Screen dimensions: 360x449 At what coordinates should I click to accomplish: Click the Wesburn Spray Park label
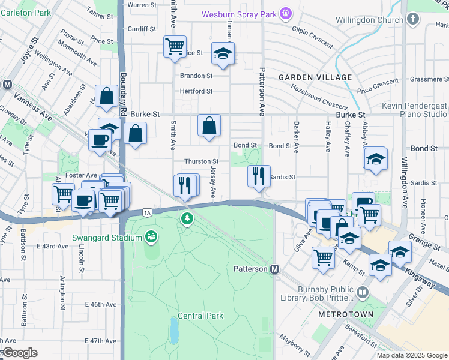click(x=239, y=13)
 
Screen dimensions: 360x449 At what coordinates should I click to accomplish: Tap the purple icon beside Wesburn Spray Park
click(x=286, y=13)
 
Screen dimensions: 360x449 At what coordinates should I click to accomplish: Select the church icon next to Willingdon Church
click(x=412, y=20)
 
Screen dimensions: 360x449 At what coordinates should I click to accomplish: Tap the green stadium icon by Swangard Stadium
click(x=151, y=238)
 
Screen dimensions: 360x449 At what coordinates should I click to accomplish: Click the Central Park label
click(x=200, y=316)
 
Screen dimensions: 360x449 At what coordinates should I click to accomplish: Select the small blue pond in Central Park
click(x=174, y=329)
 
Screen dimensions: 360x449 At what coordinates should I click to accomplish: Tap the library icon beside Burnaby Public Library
click(x=362, y=293)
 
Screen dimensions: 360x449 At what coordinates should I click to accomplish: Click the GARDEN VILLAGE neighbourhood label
click(x=315, y=78)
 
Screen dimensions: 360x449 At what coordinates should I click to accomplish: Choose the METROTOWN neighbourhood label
click(x=346, y=314)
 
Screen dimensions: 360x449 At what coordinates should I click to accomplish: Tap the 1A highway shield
click(x=147, y=212)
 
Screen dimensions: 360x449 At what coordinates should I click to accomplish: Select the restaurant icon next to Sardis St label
click(x=259, y=176)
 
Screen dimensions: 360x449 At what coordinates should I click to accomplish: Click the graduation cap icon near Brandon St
click(x=223, y=54)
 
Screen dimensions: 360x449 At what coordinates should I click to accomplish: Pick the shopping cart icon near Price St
click(x=175, y=46)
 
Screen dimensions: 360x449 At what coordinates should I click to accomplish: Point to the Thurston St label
click(x=201, y=161)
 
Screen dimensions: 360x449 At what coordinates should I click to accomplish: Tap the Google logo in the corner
click(x=19, y=353)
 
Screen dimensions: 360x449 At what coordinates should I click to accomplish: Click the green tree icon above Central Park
click(x=188, y=220)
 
